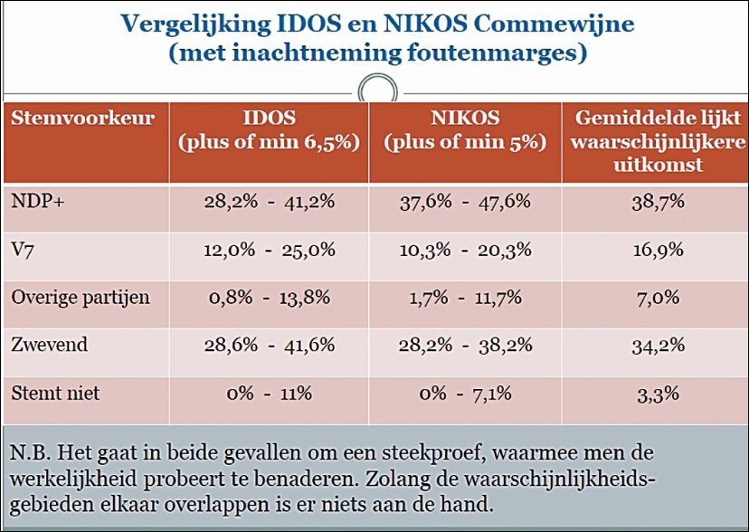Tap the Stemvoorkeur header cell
(x=81, y=119)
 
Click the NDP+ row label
(x=32, y=201)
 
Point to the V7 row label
(x=22, y=248)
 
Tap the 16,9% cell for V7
(x=654, y=249)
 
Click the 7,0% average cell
(x=654, y=297)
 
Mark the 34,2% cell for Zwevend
(x=654, y=345)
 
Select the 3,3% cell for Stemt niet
(x=654, y=394)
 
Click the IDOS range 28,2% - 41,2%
(x=269, y=201)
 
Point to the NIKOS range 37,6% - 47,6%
(x=465, y=201)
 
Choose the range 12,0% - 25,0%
(x=269, y=249)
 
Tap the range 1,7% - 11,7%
(x=465, y=297)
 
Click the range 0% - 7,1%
(x=465, y=394)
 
